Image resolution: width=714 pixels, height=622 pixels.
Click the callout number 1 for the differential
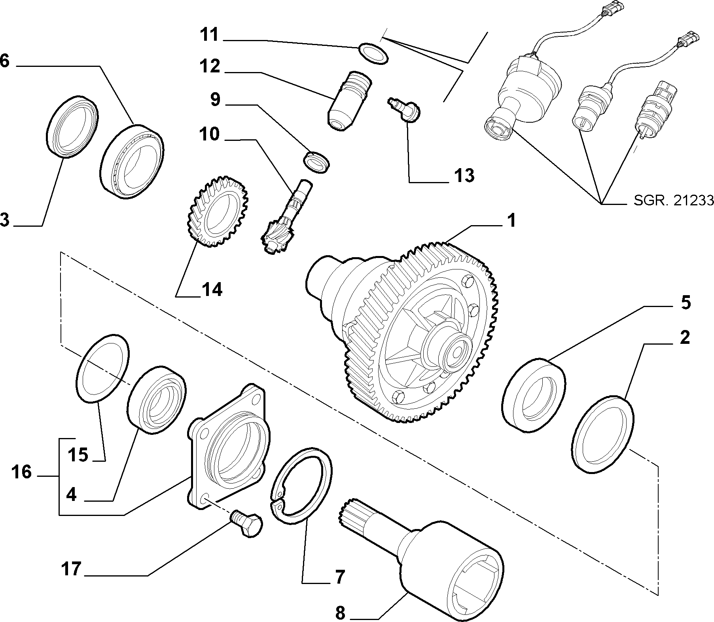coord(511,220)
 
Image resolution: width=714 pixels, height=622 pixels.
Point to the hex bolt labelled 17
coord(246,522)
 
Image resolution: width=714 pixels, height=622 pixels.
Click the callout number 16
coord(21,472)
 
